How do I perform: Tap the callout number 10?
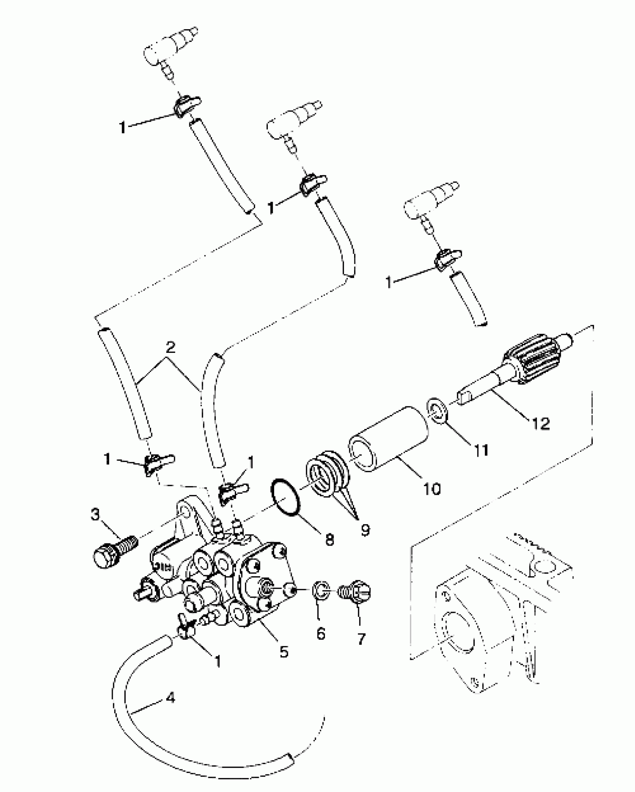432,489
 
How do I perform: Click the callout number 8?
329,540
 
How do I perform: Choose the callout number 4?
170,698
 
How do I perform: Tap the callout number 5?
284,652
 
